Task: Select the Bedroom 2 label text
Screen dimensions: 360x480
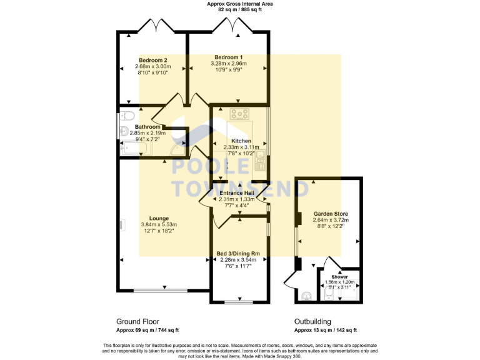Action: click(x=153, y=60)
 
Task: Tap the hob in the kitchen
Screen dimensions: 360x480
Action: click(x=240, y=114)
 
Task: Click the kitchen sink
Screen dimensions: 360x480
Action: click(x=259, y=164)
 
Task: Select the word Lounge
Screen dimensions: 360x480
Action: click(x=159, y=218)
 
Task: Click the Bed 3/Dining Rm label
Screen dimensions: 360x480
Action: click(x=238, y=253)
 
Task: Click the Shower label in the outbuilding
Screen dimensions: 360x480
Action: click(x=340, y=276)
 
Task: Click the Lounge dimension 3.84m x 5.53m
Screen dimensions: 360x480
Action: click(x=159, y=225)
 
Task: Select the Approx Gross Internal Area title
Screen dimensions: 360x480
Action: click(x=240, y=4)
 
